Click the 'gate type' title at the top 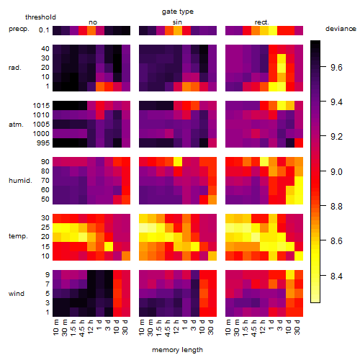[x=178, y=12]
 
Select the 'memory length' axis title [x=177, y=350]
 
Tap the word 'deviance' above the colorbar [x=341, y=29]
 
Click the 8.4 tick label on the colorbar [x=336, y=276]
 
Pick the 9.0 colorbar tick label [x=336, y=172]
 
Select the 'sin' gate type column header [x=177, y=22]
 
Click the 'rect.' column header [x=262, y=22]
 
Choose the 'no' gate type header [x=93, y=22]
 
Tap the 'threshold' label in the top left [x=40, y=17]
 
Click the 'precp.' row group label [x=19, y=29]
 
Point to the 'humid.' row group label [x=20, y=180]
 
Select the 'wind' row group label [x=17, y=293]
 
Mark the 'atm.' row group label [x=16, y=125]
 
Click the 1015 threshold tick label [x=41, y=105]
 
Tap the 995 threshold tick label [x=43, y=143]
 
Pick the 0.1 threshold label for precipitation [x=44, y=30]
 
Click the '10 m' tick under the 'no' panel [x=56, y=327]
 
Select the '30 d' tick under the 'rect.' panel [x=297, y=327]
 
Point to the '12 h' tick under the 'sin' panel [x=176, y=327]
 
